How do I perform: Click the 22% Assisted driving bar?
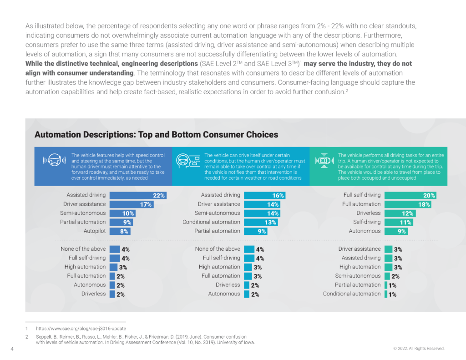point(138,195)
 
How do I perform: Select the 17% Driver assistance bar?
point(132,204)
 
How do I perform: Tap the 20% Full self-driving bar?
point(410,195)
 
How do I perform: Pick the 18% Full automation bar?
point(408,204)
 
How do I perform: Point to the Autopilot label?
point(95,231)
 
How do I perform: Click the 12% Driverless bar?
point(399,213)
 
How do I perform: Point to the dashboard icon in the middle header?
point(188,160)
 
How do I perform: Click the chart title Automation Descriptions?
point(156,135)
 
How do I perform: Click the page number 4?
point(11,349)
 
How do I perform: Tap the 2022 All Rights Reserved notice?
point(419,349)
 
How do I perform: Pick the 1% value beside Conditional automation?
point(392,294)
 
